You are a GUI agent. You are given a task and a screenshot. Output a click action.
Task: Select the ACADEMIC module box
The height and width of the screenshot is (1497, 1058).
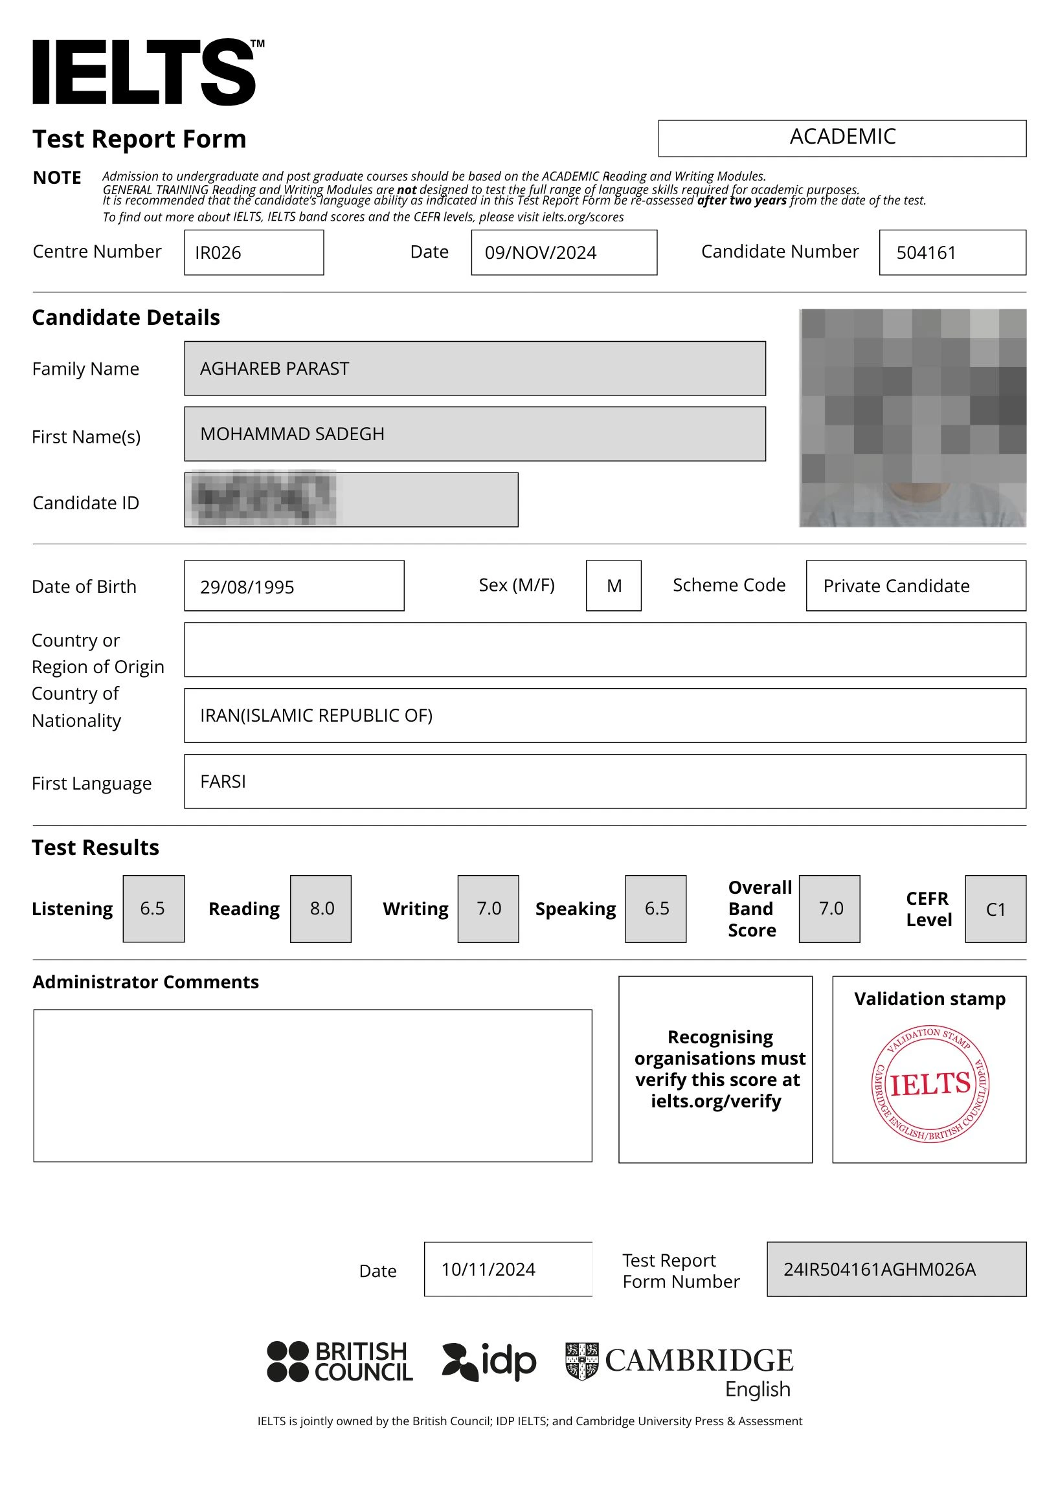coord(842,138)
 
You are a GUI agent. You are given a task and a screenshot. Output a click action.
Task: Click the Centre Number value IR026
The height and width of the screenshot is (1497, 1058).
coord(218,253)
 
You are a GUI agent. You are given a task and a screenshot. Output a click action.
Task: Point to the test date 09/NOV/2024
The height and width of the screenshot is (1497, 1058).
coord(540,253)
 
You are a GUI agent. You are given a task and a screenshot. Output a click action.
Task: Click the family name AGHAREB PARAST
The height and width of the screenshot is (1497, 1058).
coord(275,369)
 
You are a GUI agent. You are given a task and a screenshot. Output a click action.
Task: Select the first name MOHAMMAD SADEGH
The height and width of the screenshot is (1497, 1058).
coord(292,434)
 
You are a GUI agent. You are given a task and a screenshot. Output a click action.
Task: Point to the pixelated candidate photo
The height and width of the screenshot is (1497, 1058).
coord(912,417)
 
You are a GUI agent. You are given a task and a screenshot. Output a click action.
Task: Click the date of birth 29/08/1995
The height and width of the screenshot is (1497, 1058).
coord(247,587)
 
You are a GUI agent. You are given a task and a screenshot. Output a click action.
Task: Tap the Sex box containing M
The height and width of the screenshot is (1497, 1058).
coord(613,586)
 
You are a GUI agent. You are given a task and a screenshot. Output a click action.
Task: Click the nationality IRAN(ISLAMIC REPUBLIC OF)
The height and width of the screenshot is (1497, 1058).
coord(317,716)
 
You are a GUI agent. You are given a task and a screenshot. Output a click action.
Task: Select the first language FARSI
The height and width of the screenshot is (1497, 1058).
coord(223,782)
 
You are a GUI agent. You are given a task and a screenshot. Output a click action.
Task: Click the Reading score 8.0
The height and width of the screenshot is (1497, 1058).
coord(321,909)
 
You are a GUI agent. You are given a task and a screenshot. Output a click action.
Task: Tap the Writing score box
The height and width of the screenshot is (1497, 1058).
coord(488,909)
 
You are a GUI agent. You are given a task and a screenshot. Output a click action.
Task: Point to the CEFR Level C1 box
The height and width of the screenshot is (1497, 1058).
coord(995,909)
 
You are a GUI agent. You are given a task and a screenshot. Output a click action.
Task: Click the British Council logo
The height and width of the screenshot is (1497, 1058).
coord(340,1362)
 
